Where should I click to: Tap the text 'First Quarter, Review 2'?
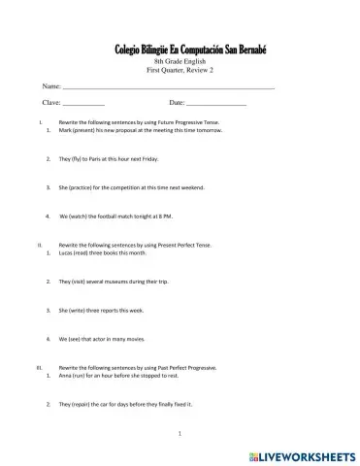pyautogui.click(x=179, y=71)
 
